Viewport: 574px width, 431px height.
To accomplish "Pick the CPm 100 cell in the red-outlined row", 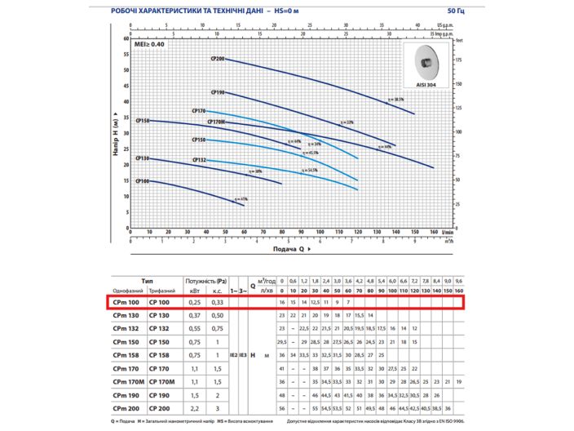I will coord(129,302).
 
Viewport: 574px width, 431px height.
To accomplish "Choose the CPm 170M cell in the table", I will coord(129,381).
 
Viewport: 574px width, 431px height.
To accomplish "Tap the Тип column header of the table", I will coord(147,279).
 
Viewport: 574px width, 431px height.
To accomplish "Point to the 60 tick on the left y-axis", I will coord(127,38).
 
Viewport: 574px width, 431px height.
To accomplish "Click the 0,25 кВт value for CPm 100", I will coord(194,302).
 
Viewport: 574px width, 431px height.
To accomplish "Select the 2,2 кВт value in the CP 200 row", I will coord(194,407).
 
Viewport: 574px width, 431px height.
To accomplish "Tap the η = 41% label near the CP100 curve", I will coord(241,198).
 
